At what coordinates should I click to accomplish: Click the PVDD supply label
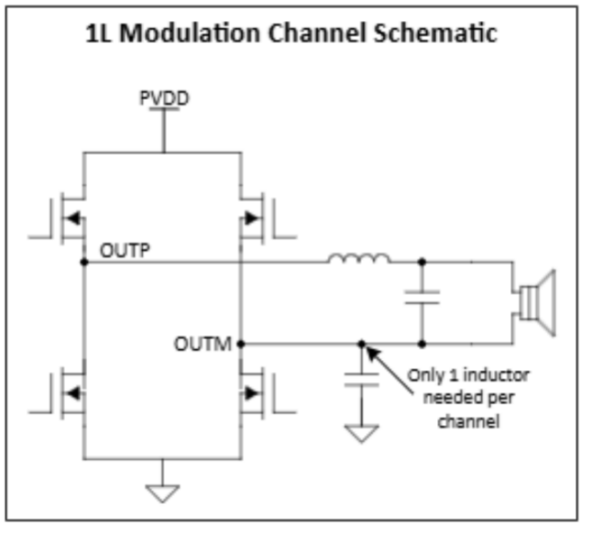[x=164, y=97]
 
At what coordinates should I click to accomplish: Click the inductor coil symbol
[x=358, y=263]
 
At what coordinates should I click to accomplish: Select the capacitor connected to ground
[x=362, y=380]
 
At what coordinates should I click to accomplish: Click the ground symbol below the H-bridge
[x=163, y=492]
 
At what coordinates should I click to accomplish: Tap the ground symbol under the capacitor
[x=363, y=432]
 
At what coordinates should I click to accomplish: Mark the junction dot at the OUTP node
[x=84, y=262]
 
